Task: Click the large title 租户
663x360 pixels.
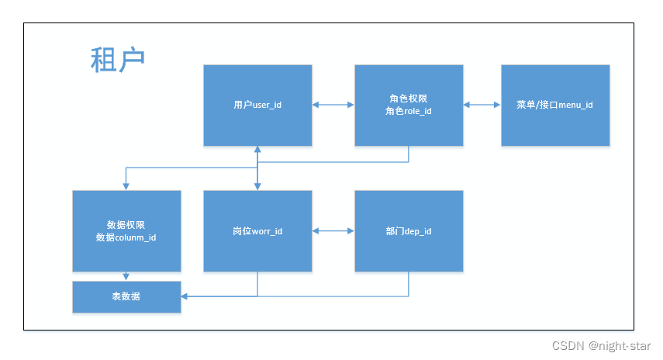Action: [118, 60]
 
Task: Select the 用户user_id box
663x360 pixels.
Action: [257, 105]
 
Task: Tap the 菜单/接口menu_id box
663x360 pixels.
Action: [554, 105]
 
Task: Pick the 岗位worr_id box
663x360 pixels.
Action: [257, 231]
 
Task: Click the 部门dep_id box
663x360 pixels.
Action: [409, 231]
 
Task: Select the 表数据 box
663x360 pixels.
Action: [126, 296]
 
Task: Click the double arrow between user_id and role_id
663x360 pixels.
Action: [333, 105]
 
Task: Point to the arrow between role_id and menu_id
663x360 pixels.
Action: [482, 105]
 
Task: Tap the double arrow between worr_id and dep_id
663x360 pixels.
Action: [333, 231]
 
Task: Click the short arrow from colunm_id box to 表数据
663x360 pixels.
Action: [126, 276]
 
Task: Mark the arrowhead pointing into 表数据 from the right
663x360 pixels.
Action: [185, 296]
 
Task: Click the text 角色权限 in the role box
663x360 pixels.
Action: [409, 99]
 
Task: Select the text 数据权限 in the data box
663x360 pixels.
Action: [126, 225]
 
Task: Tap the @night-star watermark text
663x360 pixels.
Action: [620, 346]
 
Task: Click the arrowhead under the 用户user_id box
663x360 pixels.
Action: [257, 150]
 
